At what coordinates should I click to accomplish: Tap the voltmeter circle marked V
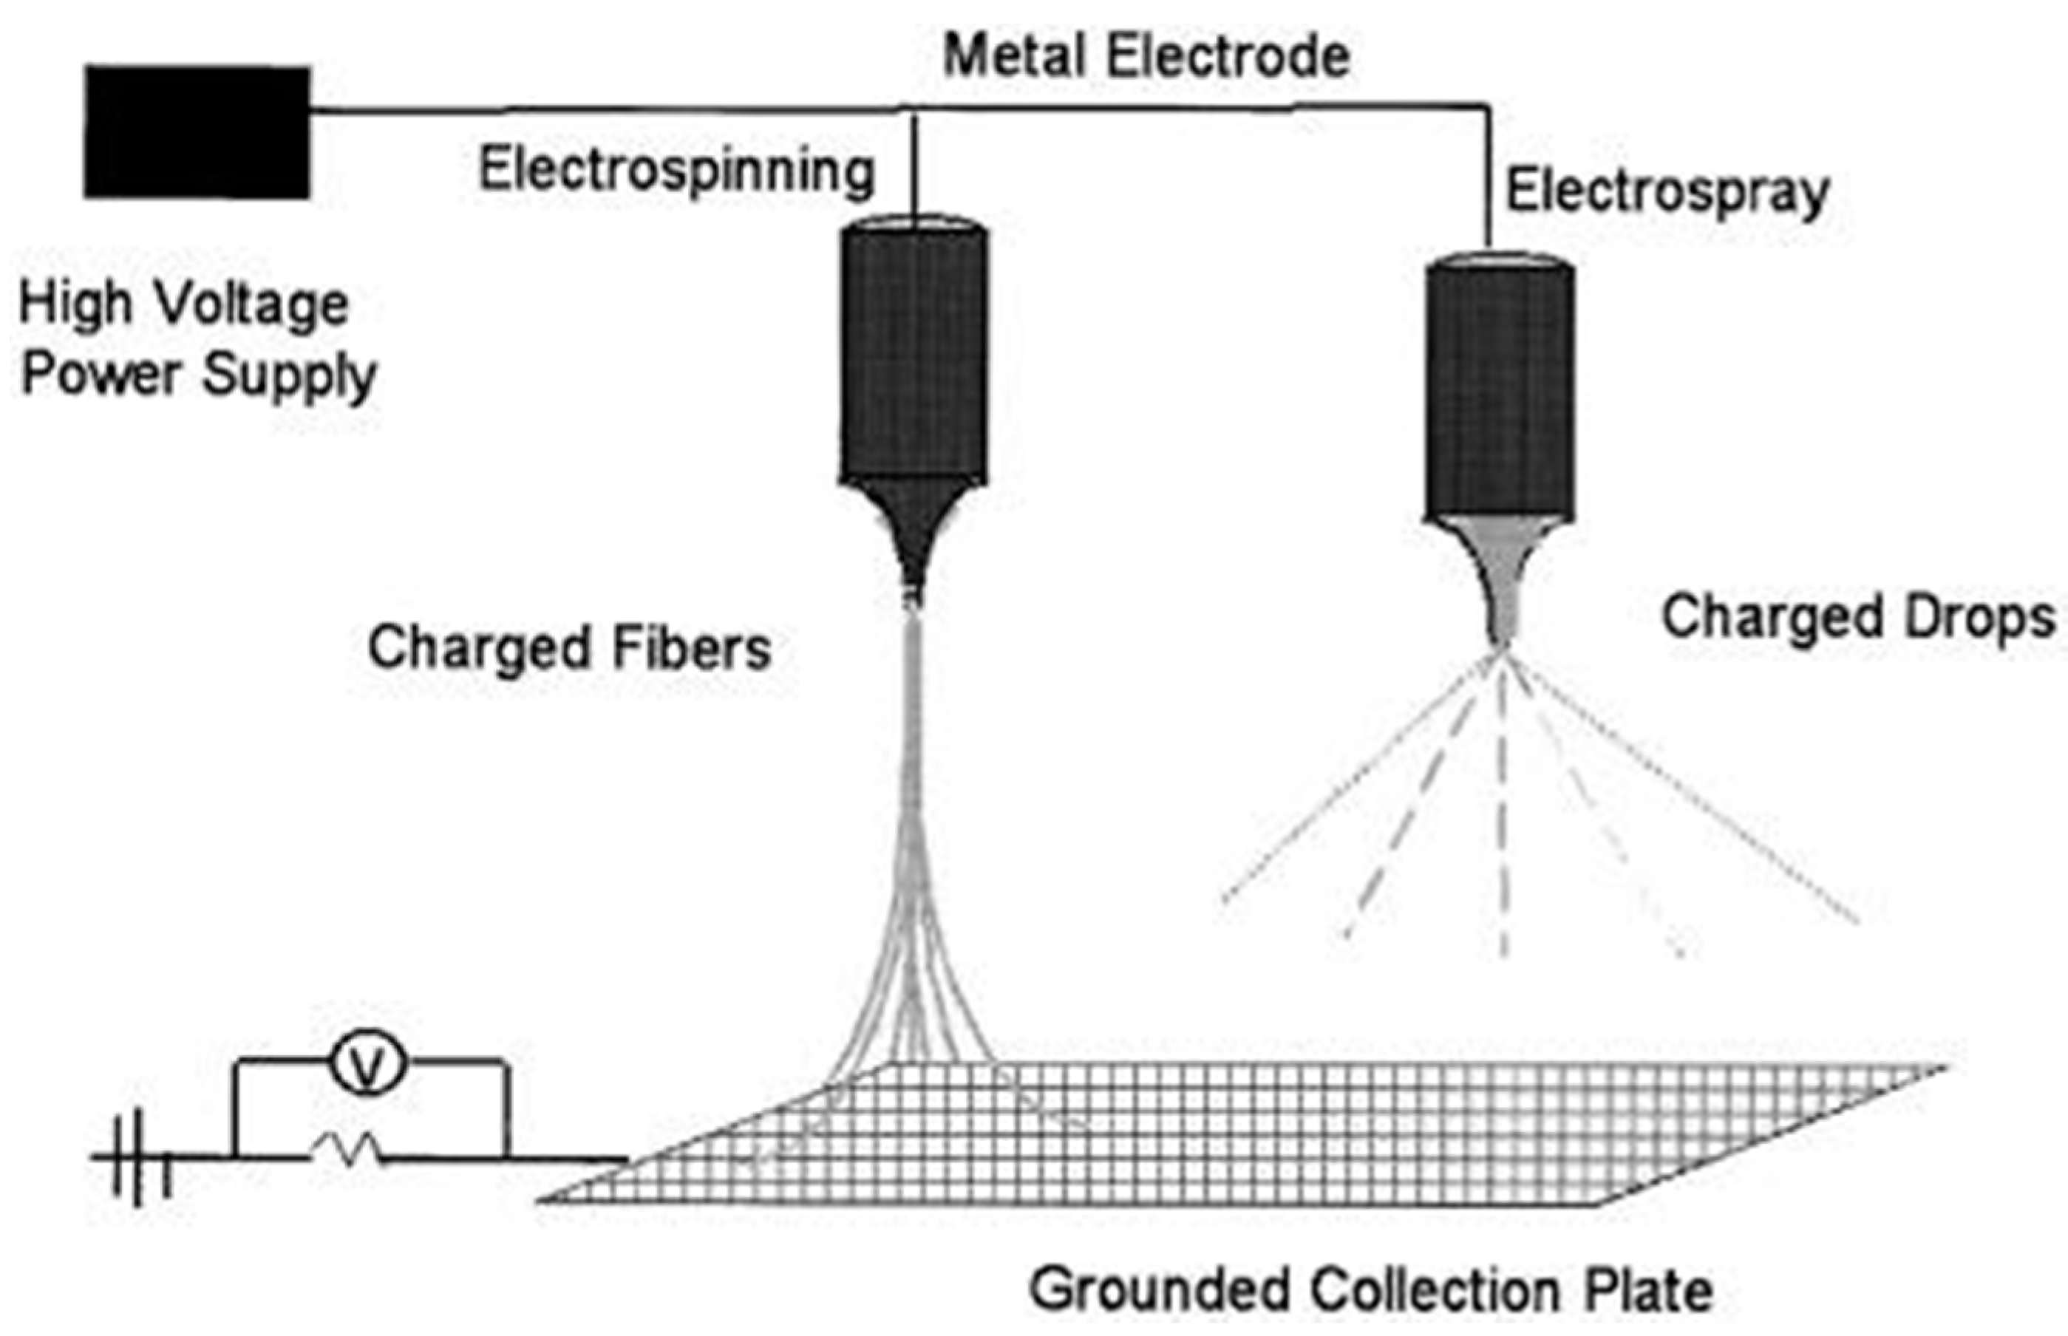pyautogui.click(x=367, y=1066)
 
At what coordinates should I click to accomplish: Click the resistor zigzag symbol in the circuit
pyautogui.click(x=347, y=1151)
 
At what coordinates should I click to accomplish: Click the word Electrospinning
pyautogui.click(x=676, y=171)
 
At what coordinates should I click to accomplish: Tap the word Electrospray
pyautogui.click(x=1667, y=193)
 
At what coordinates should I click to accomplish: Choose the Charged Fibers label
pyautogui.click(x=569, y=648)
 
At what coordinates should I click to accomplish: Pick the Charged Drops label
pyautogui.click(x=1857, y=618)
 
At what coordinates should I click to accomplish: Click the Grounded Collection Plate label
pyautogui.click(x=1370, y=1290)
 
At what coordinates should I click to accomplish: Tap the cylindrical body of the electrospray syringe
pyautogui.click(x=1500, y=390)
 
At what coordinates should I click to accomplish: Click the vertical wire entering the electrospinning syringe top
pyautogui.click(x=914, y=165)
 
